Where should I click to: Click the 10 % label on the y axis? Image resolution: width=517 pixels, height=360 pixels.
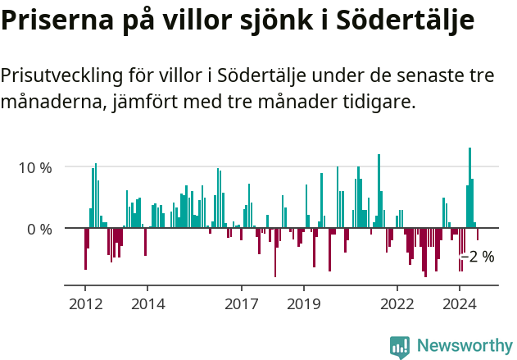tap(35, 167)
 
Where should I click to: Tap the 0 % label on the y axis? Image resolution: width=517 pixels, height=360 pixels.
tap(39, 229)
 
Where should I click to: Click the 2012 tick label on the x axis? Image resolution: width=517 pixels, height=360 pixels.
tap(85, 303)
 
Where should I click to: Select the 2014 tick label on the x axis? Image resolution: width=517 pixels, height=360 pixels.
tap(147, 303)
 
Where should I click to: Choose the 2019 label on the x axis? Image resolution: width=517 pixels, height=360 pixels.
tap(304, 303)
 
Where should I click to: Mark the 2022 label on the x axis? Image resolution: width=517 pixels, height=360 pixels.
tap(397, 303)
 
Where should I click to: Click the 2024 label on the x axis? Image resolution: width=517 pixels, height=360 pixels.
tap(460, 303)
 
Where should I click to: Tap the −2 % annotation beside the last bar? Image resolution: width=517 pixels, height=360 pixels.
tap(478, 257)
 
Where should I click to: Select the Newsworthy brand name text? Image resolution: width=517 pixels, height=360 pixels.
tap(464, 346)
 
